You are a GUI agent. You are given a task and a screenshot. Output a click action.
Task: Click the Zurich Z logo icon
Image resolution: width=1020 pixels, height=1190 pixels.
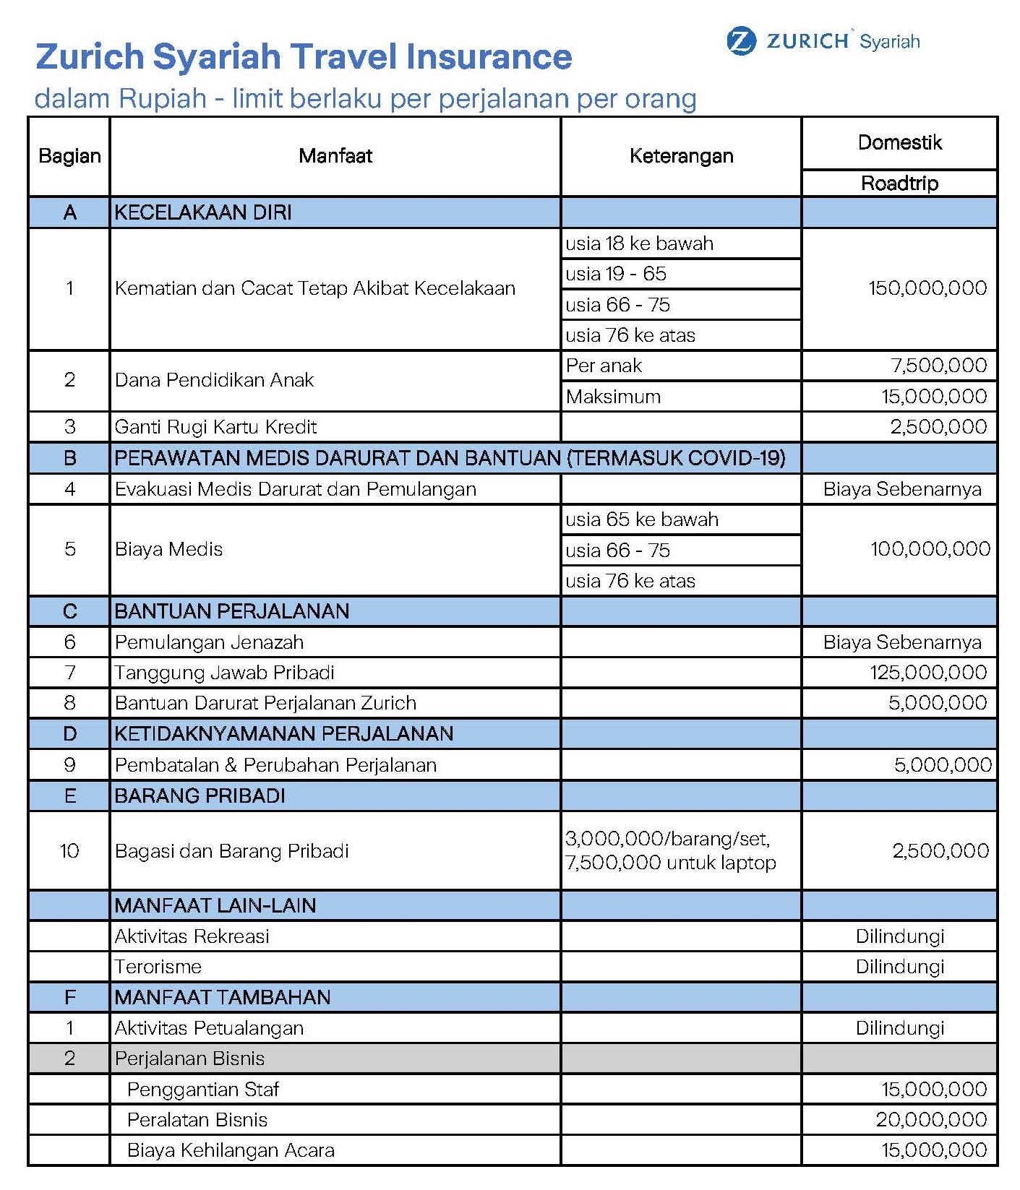(x=741, y=41)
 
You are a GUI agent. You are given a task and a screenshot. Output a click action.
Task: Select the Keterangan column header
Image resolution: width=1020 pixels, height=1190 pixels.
(x=681, y=156)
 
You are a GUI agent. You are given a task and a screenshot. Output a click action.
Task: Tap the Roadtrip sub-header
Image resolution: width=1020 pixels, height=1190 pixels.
(x=899, y=184)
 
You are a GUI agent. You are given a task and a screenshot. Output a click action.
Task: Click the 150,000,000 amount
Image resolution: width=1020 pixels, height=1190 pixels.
(x=927, y=288)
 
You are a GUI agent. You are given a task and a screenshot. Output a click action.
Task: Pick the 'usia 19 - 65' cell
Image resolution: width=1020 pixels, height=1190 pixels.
(x=616, y=274)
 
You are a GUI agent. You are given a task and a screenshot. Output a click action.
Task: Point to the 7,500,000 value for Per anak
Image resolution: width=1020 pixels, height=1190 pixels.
(x=938, y=366)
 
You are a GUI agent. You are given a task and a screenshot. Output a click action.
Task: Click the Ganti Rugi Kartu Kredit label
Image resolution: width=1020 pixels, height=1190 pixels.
(x=215, y=427)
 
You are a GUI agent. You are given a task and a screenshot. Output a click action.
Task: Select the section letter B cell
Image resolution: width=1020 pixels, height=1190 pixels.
(x=69, y=458)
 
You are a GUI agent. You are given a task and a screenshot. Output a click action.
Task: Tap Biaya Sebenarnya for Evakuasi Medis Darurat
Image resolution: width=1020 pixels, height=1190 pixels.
(x=902, y=489)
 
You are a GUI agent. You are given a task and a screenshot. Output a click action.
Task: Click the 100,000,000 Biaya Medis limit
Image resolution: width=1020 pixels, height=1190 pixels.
(x=930, y=549)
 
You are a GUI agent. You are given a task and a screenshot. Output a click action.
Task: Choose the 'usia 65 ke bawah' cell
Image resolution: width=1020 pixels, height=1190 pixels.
(x=642, y=519)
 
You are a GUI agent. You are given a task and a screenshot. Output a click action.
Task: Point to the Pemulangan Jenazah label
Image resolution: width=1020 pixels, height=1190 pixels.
(x=209, y=642)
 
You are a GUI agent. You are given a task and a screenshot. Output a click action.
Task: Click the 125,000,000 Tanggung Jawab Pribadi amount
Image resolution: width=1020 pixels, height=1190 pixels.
(x=928, y=673)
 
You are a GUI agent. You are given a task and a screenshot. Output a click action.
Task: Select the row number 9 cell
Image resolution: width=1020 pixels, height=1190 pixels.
(x=69, y=765)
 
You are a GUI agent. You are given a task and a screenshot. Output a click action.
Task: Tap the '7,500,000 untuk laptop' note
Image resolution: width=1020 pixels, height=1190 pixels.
(x=670, y=863)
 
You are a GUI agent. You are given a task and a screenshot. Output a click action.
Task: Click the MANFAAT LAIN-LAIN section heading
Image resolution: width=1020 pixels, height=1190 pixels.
(x=215, y=905)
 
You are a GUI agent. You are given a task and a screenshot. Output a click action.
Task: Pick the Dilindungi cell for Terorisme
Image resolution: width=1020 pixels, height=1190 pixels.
(x=900, y=967)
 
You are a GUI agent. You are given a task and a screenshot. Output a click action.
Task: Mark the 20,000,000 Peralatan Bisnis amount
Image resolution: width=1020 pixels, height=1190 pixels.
(x=931, y=1120)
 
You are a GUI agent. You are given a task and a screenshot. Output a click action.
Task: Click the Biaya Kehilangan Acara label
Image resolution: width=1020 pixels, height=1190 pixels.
(x=231, y=1150)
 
